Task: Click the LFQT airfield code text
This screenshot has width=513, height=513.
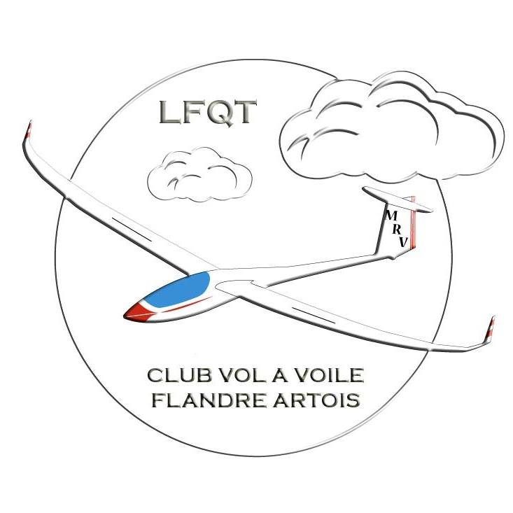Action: [x=208, y=112]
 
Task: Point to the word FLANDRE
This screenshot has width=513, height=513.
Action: [x=209, y=400]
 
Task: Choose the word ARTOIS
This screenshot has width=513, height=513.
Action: [x=316, y=400]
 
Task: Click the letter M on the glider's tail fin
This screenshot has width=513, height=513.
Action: [x=391, y=216]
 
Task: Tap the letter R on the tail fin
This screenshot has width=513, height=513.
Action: [x=397, y=230]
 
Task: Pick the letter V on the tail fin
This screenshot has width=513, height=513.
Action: [x=404, y=242]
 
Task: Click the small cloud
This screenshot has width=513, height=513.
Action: [x=199, y=174]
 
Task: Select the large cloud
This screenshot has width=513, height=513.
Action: [x=391, y=127]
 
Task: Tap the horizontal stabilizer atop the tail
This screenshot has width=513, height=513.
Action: [x=398, y=199]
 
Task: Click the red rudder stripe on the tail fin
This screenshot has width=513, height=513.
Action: [x=413, y=223]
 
